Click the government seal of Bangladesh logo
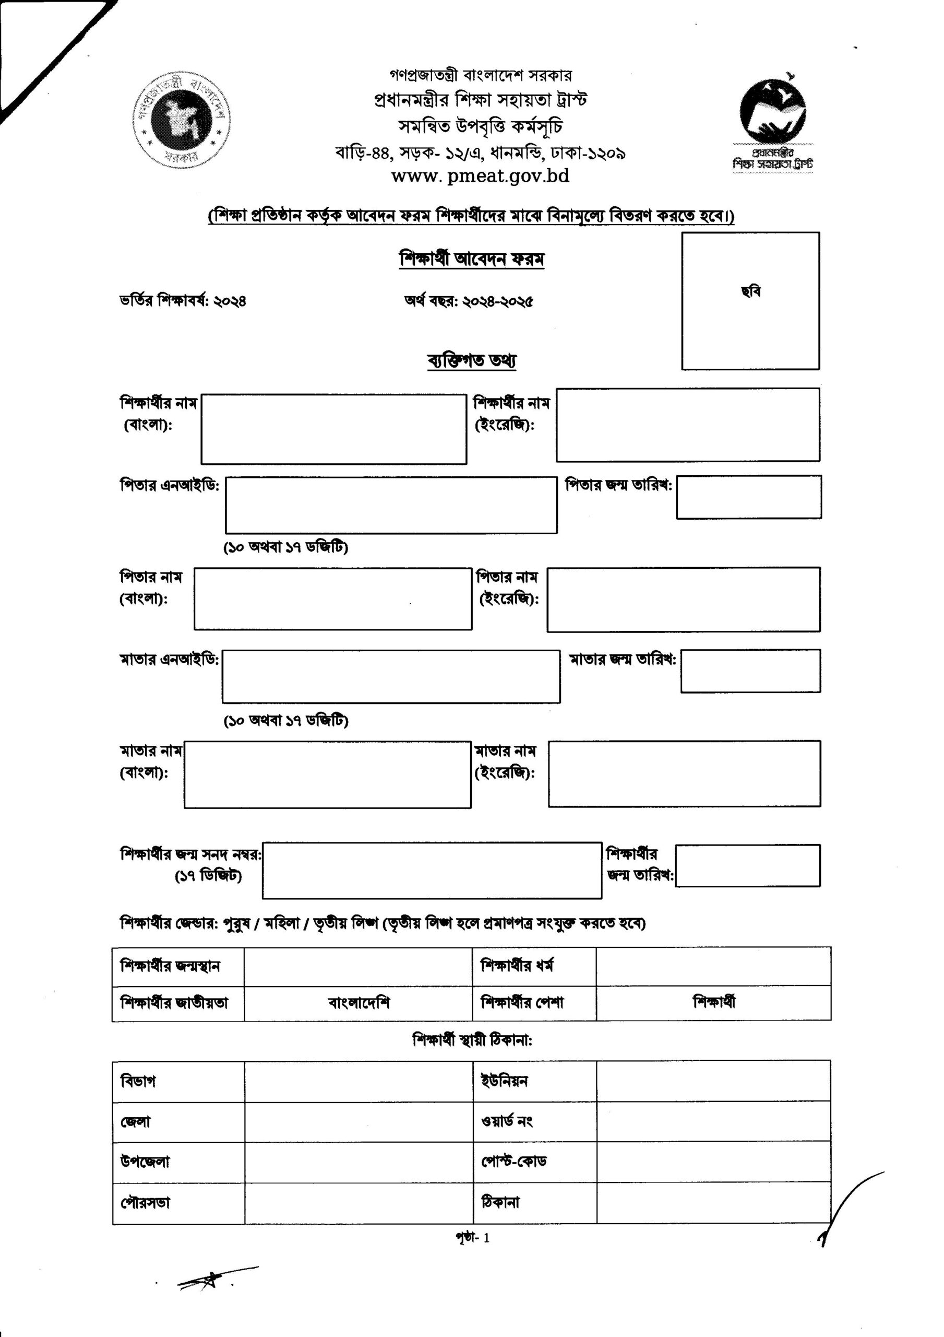[x=182, y=121]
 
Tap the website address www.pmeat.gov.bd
[x=480, y=176]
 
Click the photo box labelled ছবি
[x=750, y=300]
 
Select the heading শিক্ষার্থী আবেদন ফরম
[x=471, y=259]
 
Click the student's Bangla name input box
[x=333, y=429]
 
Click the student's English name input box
[x=687, y=425]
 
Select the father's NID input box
[x=391, y=505]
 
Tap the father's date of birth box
[x=748, y=497]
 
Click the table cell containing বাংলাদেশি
[x=358, y=1003]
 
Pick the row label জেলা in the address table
[x=136, y=1121]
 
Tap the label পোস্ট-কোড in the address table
[x=513, y=1161]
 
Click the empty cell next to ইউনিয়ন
[x=713, y=1081]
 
